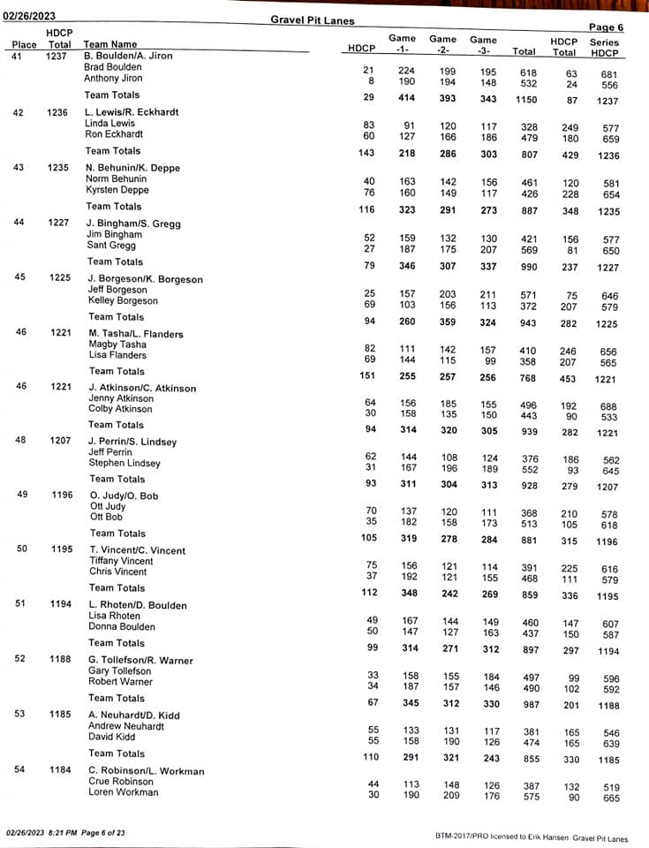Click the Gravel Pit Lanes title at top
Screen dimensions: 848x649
pyautogui.click(x=313, y=20)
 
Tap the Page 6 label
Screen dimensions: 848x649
pyautogui.click(x=605, y=27)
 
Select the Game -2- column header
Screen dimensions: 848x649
pyautogui.click(x=442, y=44)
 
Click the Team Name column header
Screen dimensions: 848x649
pyautogui.click(x=109, y=44)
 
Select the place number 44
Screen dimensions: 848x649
pyautogui.click(x=19, y=222)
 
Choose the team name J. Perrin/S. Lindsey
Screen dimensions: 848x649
pyautogui.click(x=132, y=442)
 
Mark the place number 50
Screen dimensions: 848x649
pyautogui.click(x=21, y=549)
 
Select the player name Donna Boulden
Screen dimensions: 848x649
pyautogui.click(x=122, y=626)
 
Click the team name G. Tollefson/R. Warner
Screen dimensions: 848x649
pyautogui.click(x=140, y=660)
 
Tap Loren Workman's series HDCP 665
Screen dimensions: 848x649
pyautogui.click(x=610, y=799)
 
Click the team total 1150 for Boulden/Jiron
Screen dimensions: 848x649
pyautogui.click(x=525, y=100)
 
